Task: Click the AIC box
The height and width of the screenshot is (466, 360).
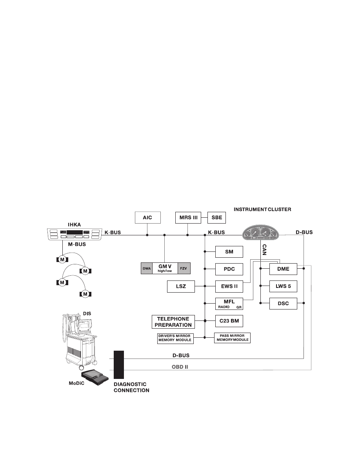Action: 147,217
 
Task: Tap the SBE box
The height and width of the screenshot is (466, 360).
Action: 217,217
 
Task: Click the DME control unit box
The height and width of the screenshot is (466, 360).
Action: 283,269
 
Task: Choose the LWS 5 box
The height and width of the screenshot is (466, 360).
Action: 283,286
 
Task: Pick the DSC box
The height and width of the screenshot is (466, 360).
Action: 283,303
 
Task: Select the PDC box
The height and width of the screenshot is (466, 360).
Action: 229,269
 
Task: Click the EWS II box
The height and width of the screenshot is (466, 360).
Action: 229,286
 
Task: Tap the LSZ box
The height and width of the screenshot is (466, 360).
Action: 181,286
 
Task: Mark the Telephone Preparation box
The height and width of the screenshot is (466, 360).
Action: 173,322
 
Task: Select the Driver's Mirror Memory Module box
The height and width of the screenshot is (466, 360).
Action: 175,338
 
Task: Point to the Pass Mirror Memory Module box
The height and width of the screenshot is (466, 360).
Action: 232,338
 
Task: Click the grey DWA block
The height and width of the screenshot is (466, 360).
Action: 147,268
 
